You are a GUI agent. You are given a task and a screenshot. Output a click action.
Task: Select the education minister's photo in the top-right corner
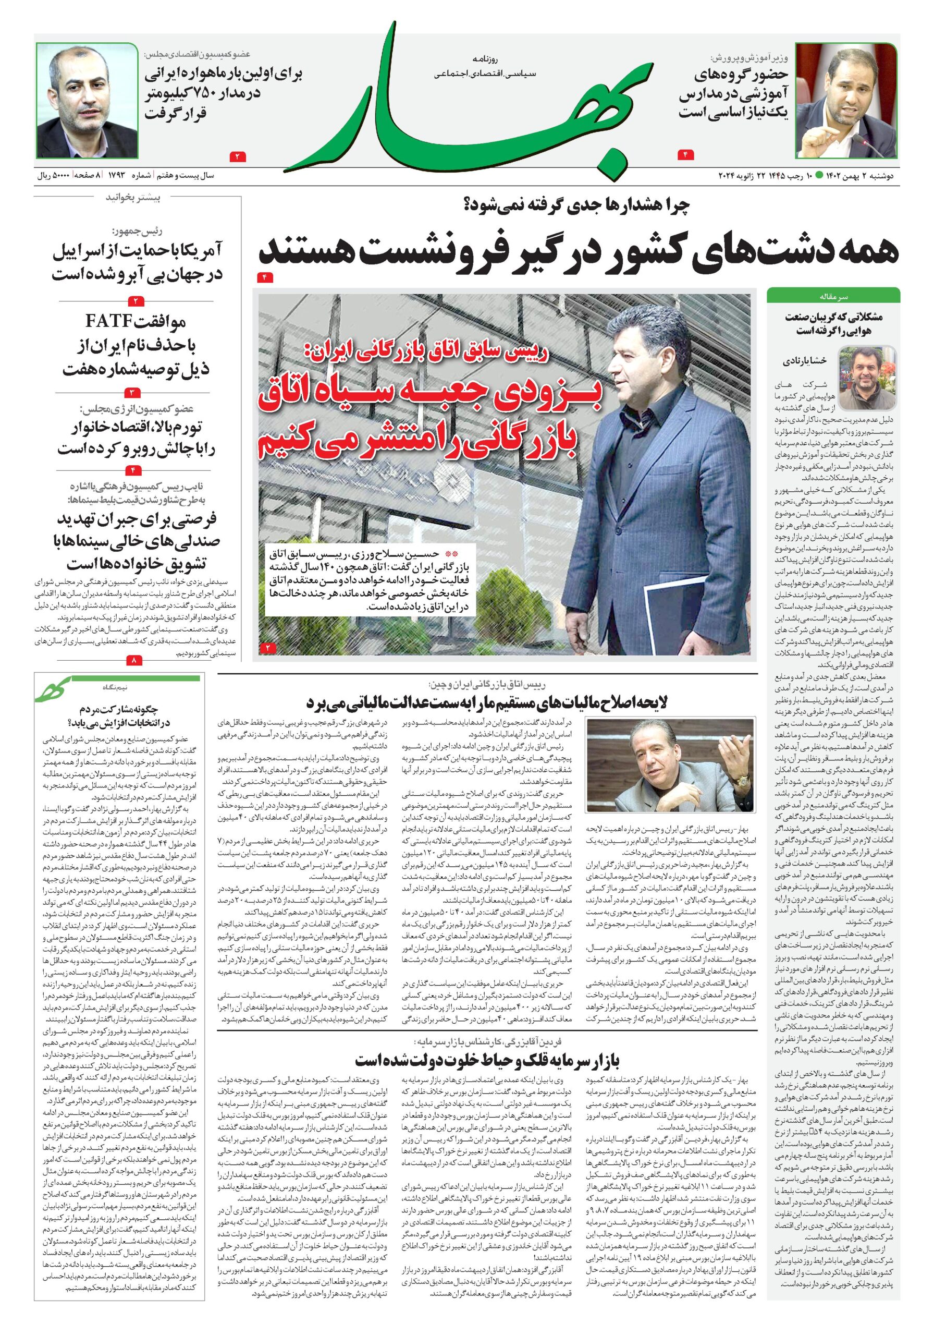click(846, 100)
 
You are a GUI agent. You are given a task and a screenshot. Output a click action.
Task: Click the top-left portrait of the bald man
click(87, 100)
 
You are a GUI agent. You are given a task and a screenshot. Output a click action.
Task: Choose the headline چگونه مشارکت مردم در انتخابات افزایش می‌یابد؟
click(117, 716)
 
